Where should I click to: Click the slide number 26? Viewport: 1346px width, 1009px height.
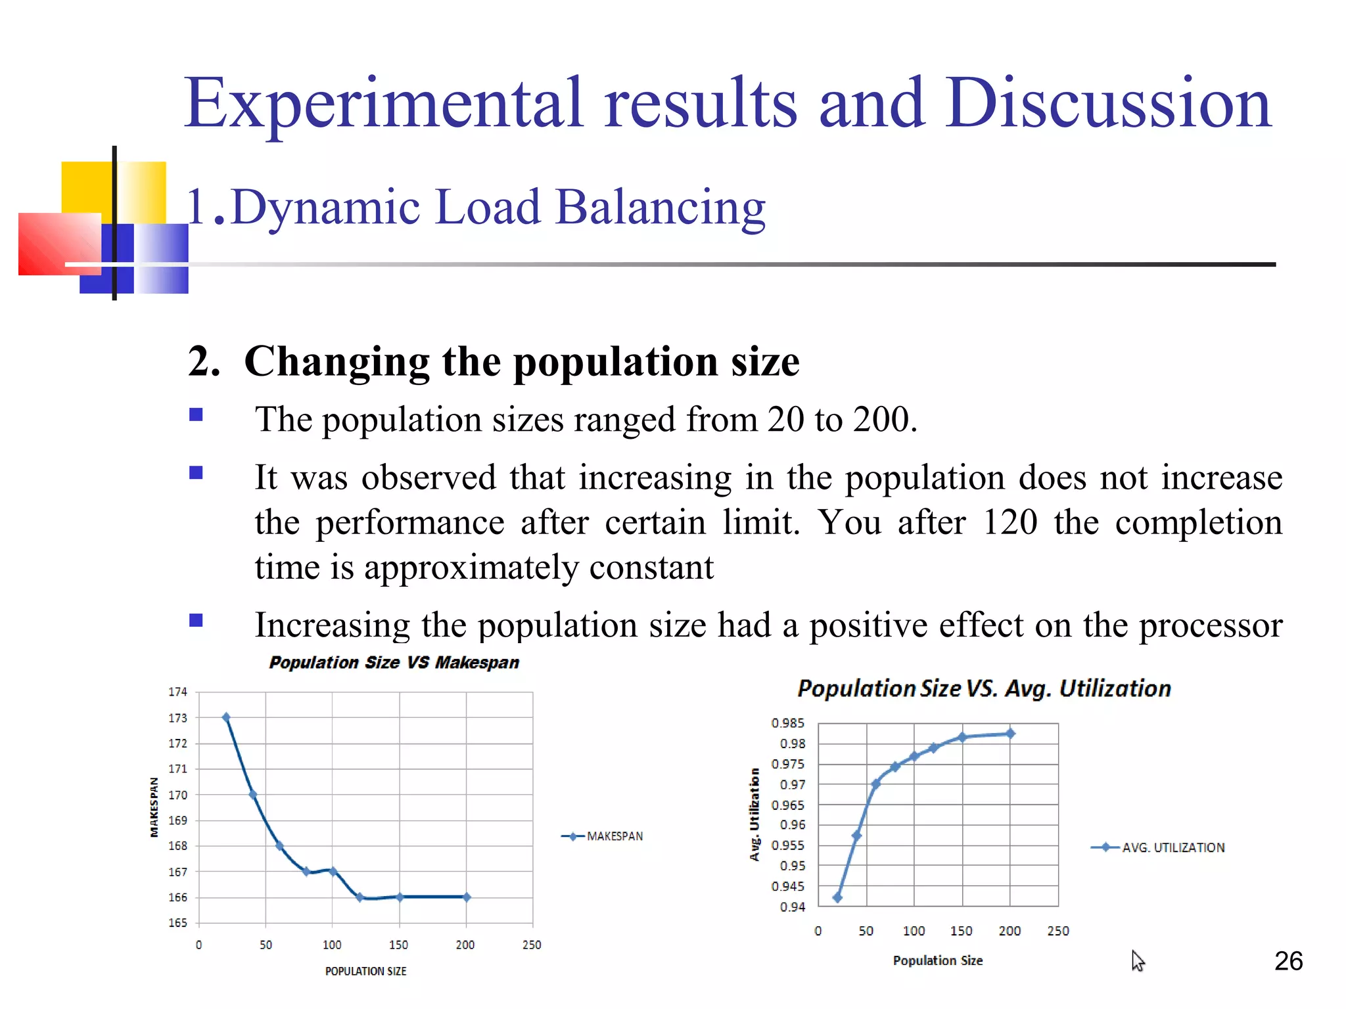(1288, 961)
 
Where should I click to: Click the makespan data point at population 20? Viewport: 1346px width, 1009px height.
(226, 717)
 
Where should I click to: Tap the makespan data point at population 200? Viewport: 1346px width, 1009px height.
(467, 897)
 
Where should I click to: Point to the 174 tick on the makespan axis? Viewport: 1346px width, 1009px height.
(177, 692)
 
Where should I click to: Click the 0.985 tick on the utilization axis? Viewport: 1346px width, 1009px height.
(787, 723)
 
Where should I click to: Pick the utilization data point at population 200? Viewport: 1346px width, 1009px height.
(1011, 734)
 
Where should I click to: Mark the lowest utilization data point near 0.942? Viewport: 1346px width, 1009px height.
(837, 897)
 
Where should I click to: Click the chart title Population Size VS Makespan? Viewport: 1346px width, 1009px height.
(394, 662)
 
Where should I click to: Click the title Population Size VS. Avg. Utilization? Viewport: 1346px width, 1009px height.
(984, 688)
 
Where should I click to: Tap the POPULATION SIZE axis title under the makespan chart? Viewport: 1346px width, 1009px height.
(365, 971)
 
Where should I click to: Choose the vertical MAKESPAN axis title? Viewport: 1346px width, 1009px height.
(154, 807)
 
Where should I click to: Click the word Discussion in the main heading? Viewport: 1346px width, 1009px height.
(1108, 103)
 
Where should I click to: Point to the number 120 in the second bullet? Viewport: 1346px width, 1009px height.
(1009, 522)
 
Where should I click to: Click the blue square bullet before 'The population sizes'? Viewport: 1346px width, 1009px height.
(196, 415)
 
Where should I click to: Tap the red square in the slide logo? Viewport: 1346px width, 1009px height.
(59, 243)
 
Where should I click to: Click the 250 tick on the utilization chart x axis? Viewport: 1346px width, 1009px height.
(1058, 931)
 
